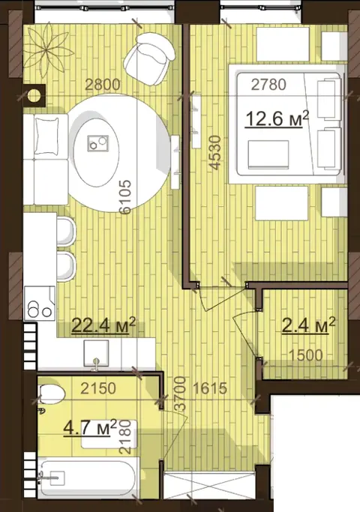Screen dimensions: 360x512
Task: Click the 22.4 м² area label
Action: point(103,325)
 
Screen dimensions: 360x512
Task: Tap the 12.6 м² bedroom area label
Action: point(277,118)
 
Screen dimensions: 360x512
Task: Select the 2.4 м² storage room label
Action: point(308,325)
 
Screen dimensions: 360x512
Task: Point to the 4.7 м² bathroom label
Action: point(90,427)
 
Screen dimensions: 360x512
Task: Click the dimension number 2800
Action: point(103,85)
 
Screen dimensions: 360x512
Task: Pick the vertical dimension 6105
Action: point(125,197)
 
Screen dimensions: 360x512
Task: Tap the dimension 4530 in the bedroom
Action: point(215,153)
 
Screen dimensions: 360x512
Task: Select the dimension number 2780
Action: point(268,85)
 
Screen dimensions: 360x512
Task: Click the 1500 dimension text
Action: point(306,355)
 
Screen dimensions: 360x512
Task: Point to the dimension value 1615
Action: point(210,388)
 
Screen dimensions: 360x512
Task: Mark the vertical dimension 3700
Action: point(180,394)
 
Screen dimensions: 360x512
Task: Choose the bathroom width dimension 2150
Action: point(98,388)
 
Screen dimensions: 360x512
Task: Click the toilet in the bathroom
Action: point(51,394)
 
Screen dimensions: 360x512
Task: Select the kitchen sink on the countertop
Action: point(96,354)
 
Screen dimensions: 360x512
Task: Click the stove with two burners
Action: point(40,303)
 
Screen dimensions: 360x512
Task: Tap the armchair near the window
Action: point(149,58)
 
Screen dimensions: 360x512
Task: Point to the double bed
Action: point(287,124)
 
